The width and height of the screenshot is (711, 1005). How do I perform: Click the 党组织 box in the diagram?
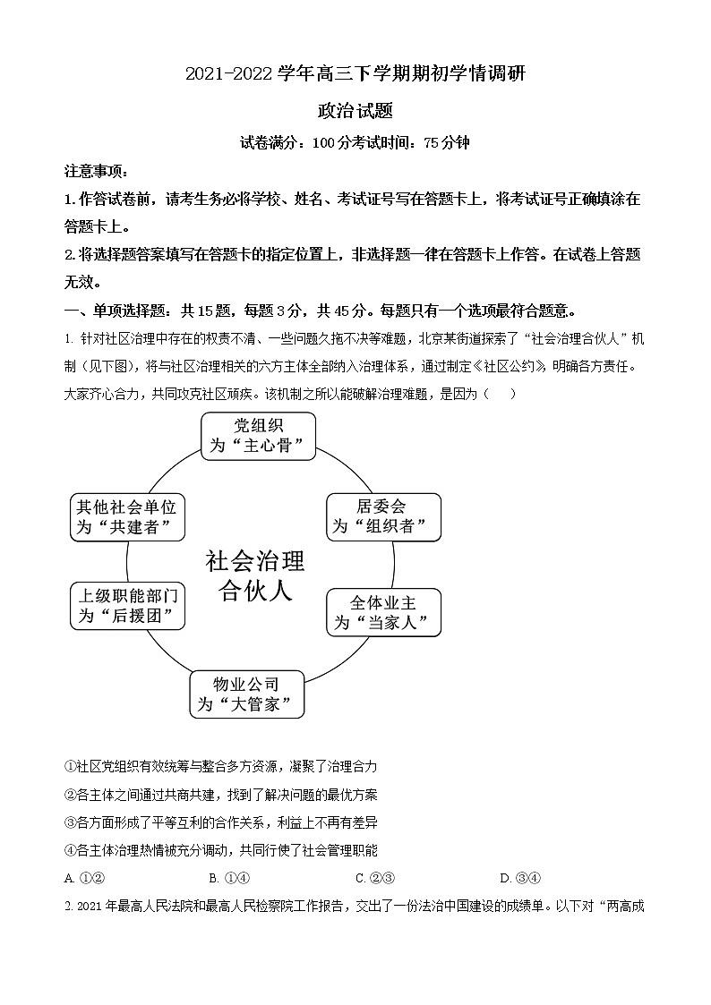(x=258, y=435)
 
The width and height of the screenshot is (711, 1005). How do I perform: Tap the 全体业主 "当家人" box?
(x=382, y=612)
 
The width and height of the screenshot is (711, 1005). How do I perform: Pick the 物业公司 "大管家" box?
(x=246, y=694)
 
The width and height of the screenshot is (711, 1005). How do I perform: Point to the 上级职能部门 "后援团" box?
(x=129, y=606)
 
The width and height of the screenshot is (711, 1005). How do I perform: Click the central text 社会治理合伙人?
(x=255, y=576)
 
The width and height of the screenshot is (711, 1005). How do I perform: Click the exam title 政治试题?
(x=355, y=111)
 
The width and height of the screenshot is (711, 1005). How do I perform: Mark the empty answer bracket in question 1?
(x=500, y=393)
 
